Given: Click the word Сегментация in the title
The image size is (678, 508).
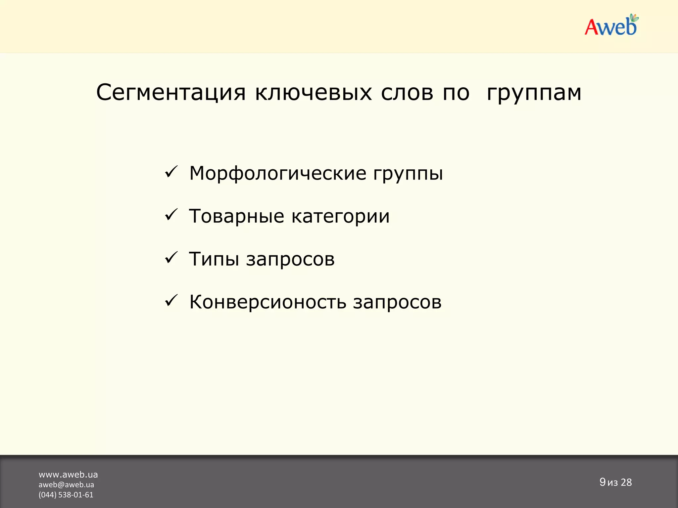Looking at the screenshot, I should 171,93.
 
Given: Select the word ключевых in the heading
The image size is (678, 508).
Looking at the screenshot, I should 313,93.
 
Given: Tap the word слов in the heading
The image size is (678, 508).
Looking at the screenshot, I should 407,93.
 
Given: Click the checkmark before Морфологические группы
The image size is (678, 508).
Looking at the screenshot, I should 171,172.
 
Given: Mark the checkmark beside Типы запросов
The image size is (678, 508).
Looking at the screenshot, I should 171,258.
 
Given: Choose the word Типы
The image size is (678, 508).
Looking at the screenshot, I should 214,259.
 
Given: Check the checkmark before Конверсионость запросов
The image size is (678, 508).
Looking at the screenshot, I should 171,301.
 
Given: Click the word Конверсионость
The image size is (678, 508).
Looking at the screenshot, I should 267,302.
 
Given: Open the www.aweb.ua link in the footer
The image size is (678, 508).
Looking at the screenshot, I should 68,475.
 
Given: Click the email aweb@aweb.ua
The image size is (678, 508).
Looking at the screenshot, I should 66,485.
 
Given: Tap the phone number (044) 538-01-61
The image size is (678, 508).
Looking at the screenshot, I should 66,495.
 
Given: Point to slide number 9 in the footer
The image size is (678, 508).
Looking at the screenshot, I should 602,482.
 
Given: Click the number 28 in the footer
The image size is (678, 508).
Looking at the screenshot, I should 626,483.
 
